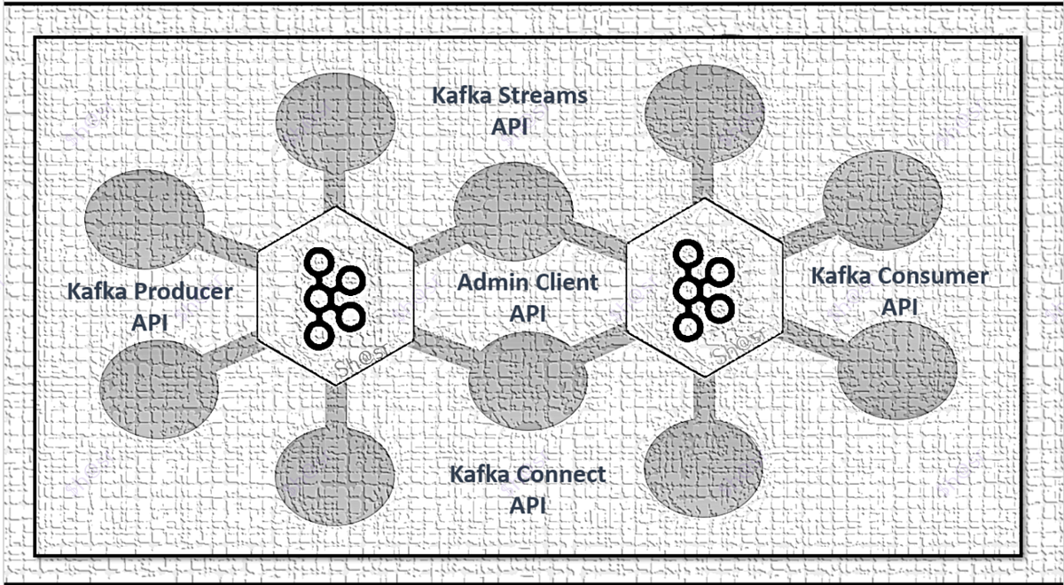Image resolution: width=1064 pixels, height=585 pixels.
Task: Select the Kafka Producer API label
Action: coord(150,306)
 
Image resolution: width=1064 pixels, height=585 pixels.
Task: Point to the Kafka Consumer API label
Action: coord(899,291)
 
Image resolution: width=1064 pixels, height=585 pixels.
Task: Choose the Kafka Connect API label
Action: coord(528,489)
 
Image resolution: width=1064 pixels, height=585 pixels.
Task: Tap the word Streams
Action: coord(544,95)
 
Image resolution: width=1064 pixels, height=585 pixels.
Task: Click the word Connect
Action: coord(564,474)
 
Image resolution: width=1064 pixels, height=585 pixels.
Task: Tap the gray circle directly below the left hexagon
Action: coord(335,469)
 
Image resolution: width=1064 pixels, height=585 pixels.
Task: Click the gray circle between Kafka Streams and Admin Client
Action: coord(512,207)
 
